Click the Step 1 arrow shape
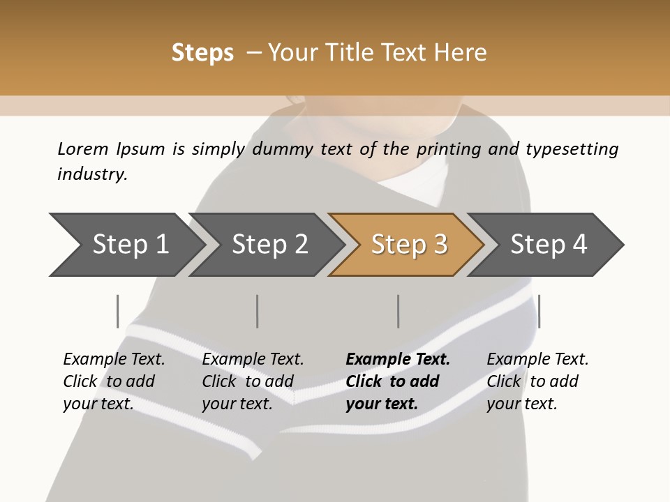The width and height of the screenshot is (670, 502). pos(126,245)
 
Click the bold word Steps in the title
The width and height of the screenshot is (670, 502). pos(202,53)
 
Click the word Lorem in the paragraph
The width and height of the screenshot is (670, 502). pos(82,149)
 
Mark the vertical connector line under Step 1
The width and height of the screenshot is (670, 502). pos(118,311)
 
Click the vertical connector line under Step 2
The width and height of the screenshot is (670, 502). pos(258,311)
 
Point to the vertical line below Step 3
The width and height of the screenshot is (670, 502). pos(398,311)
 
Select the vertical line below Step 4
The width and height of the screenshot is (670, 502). pos(539,311)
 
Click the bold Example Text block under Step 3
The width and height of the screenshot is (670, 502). pos(397,381)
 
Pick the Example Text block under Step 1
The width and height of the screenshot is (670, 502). pos(114,381)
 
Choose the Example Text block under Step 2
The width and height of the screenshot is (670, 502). pos(253,381)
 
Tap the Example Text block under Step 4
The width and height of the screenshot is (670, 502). pos(537,381)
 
